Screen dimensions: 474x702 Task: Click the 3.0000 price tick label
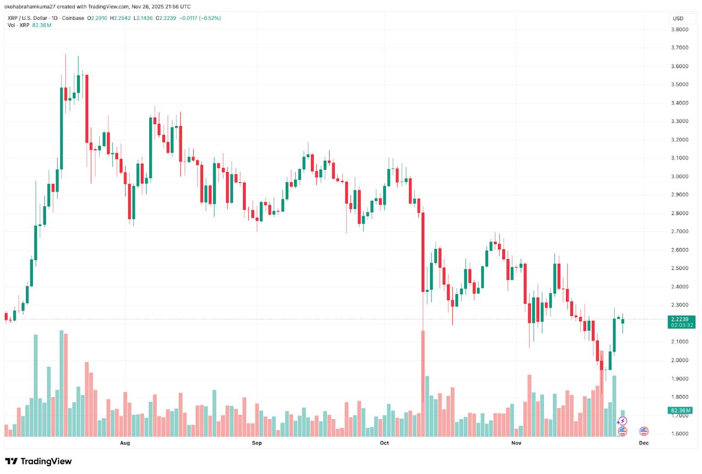(x=681, y=176)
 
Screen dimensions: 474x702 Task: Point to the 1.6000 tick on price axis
(x=681, y=433)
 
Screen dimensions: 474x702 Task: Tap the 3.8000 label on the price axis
(x=681, y=30)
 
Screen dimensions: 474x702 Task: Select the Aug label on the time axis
(x=124, y=442)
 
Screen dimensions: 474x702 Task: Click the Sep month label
(x=257, y=442)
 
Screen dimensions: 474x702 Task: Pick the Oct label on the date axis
(x=384, y=442)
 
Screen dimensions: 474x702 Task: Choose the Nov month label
(x=516, y=442)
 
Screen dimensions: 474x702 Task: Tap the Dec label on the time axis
(x=644, y=442)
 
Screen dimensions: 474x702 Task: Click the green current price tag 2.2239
(x=681, y=319)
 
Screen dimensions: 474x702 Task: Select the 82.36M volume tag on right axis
(x=681, y=410)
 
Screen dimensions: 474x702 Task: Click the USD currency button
(x=677, y=19)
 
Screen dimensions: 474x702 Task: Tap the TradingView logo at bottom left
(x=38, y=461)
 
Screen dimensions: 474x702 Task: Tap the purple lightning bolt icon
(x=622, y=421)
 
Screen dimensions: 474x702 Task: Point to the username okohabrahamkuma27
(x=33, y=7)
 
